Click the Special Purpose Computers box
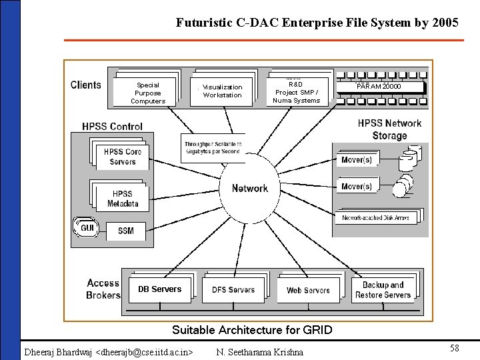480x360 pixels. [x=147, y=93]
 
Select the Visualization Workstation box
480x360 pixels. [x=222, y=91]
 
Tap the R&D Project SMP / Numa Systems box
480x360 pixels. [x=296, y=92]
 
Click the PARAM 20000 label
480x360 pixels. [x=379, y=87]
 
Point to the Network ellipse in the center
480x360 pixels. [x=250, y=189]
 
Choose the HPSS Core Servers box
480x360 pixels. [x=122, y=157]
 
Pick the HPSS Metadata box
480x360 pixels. [x=123, y=199]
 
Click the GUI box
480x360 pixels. [x=87, y=228]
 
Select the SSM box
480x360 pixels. [x=125, y=231]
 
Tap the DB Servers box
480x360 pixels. [x=159, y=289]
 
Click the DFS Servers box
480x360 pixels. [x=233, y=289]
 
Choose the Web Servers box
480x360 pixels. [x=308, y=290]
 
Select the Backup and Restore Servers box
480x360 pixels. [x=383, y=290]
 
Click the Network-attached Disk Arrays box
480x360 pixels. [x=378, y=218]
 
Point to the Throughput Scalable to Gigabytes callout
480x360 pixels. [x=213, y=148]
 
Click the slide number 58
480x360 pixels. [x=454, y=348]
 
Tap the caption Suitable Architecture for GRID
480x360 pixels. [x=251, y=330]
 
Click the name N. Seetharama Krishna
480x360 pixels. [x=259, y=351]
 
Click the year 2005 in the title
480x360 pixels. [x=443, y=23]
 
